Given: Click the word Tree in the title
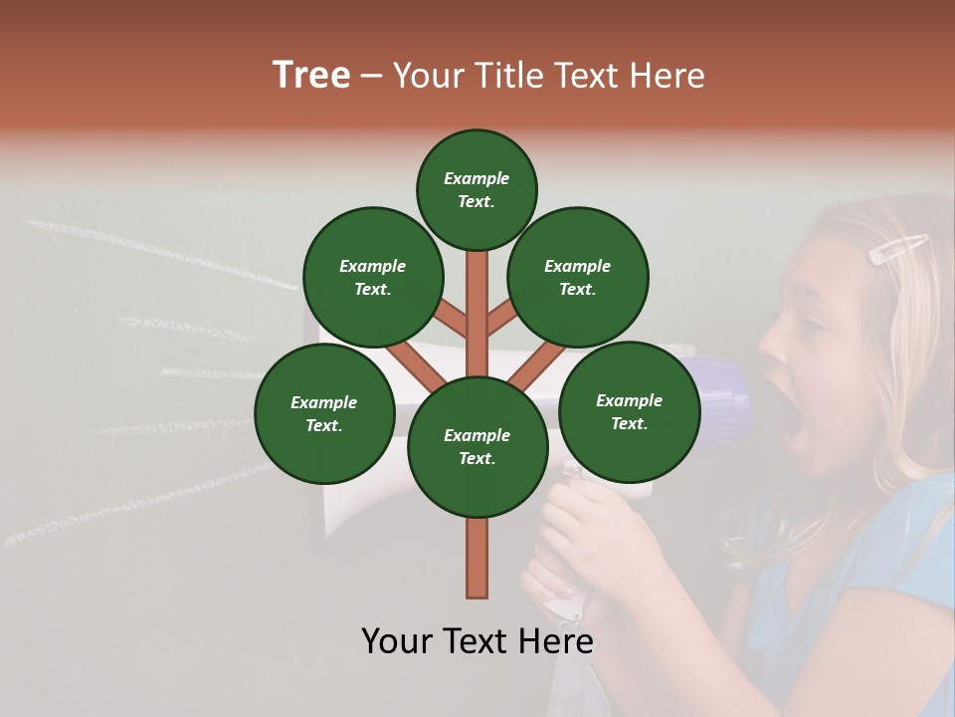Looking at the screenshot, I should (311, 76).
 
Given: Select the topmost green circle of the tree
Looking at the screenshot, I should (477, 189).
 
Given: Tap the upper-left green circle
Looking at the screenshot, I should (373, 278).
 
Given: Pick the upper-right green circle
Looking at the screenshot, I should (578, 278).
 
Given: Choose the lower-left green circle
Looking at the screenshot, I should (324, 414).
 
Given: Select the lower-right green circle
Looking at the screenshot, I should (630, 411).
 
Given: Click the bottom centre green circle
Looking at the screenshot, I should (477, 447).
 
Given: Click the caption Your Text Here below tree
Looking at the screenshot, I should (477, 640).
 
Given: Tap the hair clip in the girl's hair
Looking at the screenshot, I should (898, 249).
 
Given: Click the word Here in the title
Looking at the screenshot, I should (668, 76).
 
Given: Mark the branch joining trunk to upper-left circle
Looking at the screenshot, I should (452, 321).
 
